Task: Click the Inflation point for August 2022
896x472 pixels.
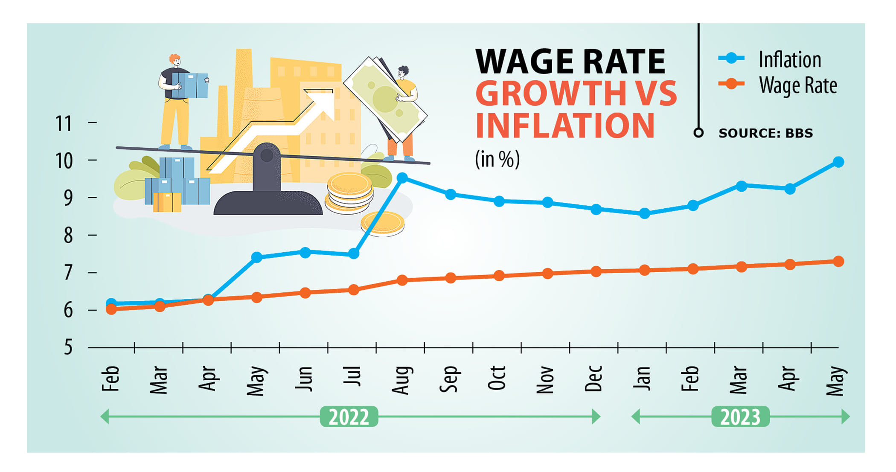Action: (x=402, y=178)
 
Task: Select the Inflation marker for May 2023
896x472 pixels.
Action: (x=838, y=162)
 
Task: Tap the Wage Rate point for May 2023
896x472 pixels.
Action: (x=838, y=262)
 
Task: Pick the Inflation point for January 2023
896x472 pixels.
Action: (x=644, y=213)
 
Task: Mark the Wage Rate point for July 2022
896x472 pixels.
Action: (x=353, y=290)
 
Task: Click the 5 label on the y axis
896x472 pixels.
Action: (x=68, y=348)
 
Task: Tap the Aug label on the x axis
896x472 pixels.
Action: (x=401, y=380)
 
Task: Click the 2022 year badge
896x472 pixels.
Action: (x=349, y=417)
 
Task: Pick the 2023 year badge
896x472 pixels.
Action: (x=740, y=417)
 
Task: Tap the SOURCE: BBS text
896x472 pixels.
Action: (x=765, y=133)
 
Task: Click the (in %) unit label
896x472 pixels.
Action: (x=497, y=159)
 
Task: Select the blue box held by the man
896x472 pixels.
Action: (x=190, y=85)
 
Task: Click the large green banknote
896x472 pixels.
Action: (x=385, y=99)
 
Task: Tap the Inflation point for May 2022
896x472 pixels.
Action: (x=256, y=257)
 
